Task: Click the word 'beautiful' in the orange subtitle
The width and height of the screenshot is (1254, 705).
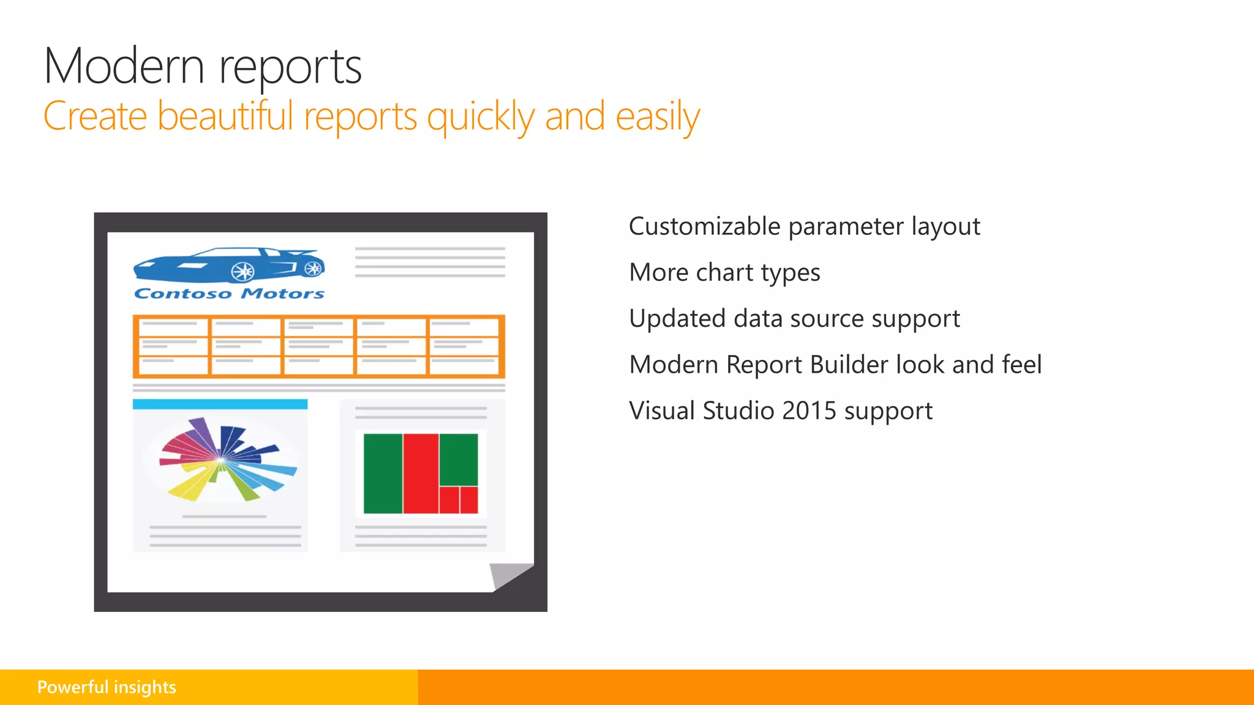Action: (225, 116)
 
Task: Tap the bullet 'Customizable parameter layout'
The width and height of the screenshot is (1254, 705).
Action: (804, 226)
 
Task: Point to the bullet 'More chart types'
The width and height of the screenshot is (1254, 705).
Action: (724, 272)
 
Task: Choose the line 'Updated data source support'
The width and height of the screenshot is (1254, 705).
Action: (794, 319)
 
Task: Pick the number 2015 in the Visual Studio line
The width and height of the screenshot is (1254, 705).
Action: (809, 411)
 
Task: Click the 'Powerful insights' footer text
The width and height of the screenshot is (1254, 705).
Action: (107, 687)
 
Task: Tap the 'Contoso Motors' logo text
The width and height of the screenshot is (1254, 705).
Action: (229, 294)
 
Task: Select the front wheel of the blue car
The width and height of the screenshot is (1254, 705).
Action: (242, 271)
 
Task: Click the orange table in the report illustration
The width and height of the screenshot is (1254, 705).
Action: (318, 346)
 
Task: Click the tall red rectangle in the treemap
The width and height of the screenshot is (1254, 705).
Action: (421, 473)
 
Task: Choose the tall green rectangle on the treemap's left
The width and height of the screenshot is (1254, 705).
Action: (383, 473)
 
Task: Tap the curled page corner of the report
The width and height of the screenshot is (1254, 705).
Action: (509, 575)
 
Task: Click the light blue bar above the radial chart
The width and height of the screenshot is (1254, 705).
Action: (220, 404)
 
